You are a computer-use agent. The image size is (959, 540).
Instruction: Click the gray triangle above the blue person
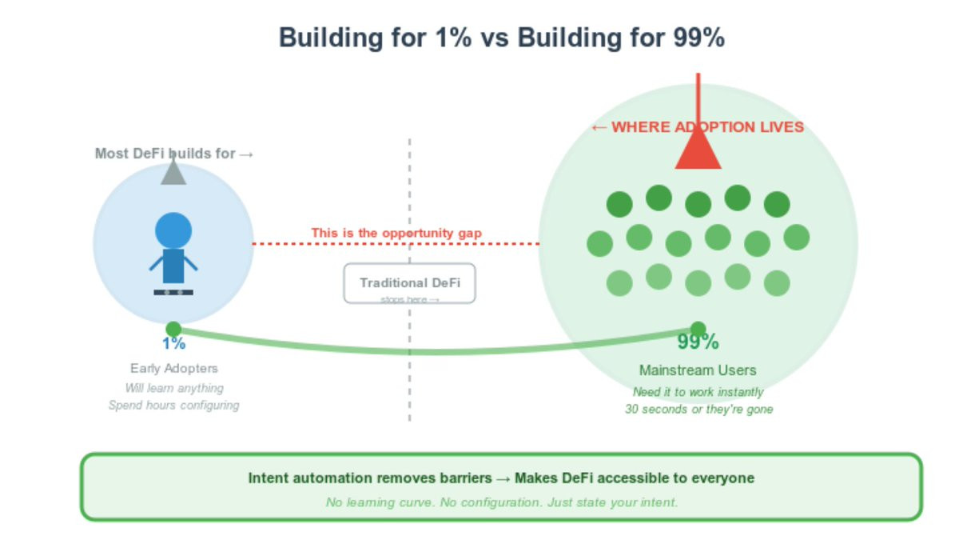tap(173, 173)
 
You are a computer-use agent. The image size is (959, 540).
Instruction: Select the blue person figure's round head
tap(173, 230)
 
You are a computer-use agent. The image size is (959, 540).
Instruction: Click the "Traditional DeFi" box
tap(409, 283)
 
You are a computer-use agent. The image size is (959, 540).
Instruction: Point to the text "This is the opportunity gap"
tap(396, 233)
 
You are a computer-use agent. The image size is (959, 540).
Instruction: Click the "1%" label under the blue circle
tap(173, 344)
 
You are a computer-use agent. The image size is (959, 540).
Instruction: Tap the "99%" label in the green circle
tap(698, 342)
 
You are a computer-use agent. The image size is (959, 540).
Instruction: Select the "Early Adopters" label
tap(173, 369)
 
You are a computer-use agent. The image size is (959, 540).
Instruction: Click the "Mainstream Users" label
tap(698, 370)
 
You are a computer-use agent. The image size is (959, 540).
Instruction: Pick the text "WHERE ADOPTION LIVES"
tap(707, 127)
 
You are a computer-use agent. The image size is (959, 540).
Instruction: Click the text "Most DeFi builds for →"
tap(173, 154)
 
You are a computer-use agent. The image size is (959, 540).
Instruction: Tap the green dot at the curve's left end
tap(173, 329)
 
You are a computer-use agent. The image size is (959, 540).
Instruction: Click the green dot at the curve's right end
tap(698, 329)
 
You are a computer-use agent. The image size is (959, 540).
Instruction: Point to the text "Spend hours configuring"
tap(173, 406)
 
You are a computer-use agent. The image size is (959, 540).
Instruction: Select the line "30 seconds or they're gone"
tap(698, 410)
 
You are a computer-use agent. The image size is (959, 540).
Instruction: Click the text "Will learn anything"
tap(173, 388)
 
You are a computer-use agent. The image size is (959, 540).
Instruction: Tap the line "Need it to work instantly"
tap(698, 392)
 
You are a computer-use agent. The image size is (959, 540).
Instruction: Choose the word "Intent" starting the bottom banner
tap(265, 478)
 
